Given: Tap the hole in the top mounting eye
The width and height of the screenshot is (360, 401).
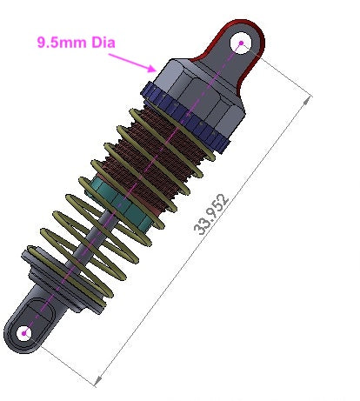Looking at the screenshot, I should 241,42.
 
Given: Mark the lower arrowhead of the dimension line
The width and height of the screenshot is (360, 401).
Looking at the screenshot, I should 98,380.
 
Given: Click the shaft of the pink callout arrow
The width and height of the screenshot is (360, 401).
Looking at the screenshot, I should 130,59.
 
